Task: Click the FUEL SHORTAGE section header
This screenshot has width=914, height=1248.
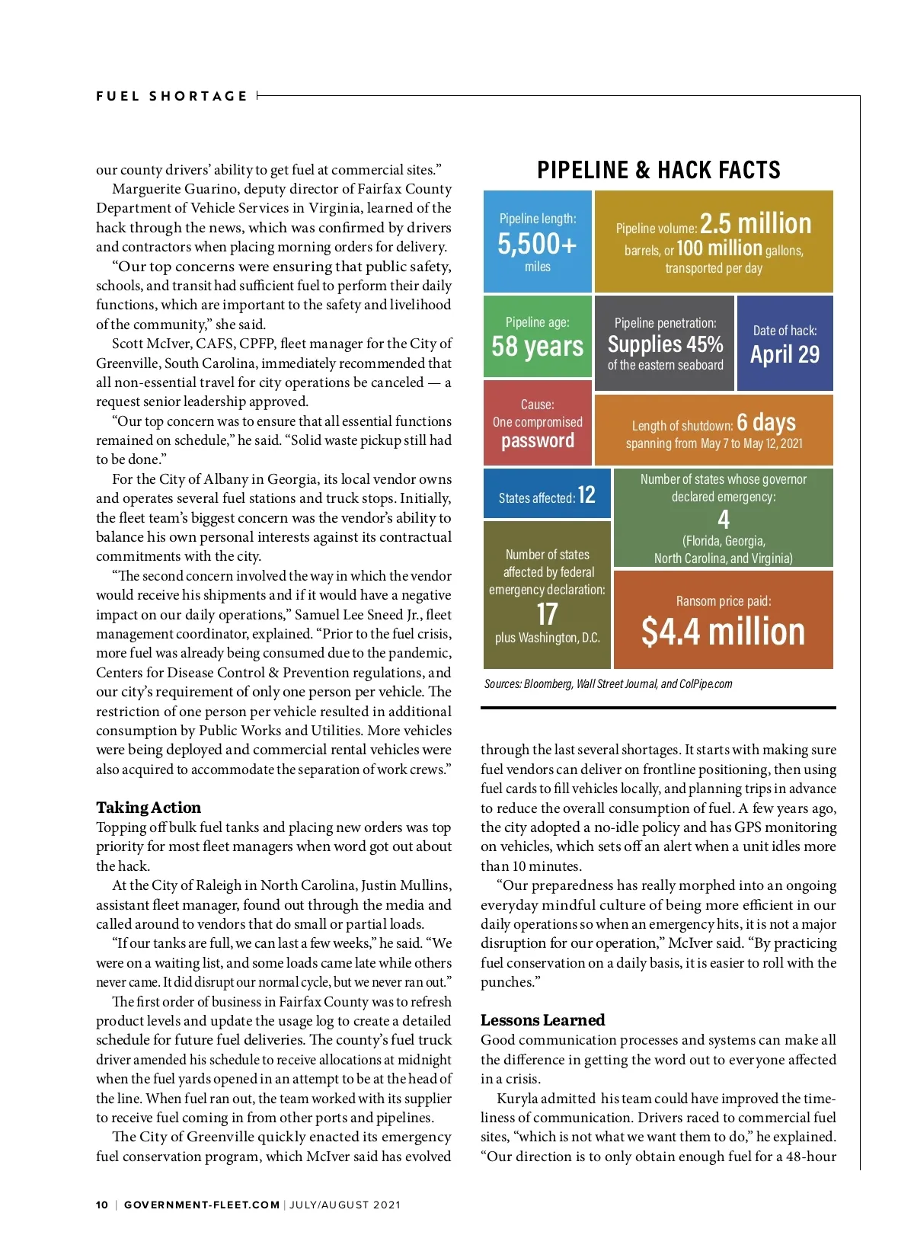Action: [x=171, y=96]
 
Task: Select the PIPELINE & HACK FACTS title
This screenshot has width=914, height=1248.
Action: [x=659, y=170]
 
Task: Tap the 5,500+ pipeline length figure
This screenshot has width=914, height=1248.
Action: [x=537, y=244]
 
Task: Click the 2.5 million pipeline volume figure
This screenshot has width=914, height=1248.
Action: [x=756, y=224]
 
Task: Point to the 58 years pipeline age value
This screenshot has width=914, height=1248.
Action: [x=537, y=346]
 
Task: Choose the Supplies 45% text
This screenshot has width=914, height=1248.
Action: [x=665, y=344]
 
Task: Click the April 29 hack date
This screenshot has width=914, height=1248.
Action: [x=785, y=354]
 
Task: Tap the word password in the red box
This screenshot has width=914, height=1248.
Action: [x=538, y=441]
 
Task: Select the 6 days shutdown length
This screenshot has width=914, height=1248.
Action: [x=766, y=422]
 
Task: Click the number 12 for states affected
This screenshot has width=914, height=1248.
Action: [x=586, y=495]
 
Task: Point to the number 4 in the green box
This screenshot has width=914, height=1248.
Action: [x=724, y=520]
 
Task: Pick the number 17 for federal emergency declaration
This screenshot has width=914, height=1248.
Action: [x=547, y=614]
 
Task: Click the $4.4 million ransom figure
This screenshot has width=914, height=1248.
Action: [x=723, y=632]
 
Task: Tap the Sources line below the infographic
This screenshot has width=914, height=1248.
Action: [x=608, y=684]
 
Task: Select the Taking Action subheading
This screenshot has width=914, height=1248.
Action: [x=149, y=808]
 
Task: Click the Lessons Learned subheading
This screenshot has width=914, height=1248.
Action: [x=542, y=1020]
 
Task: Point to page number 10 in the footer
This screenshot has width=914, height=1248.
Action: [x=102, y=1205]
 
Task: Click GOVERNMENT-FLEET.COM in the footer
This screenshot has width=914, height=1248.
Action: [x=202, y=1205]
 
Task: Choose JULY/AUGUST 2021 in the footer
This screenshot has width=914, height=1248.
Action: [x=345, y=1205]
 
